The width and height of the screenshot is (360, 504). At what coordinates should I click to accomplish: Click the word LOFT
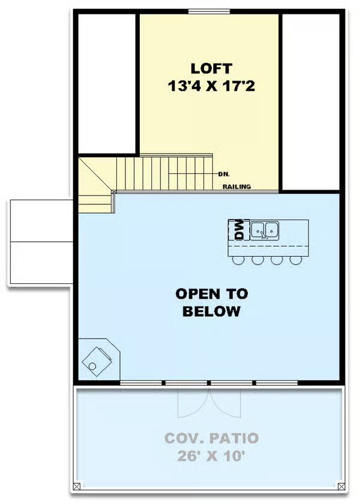(211, 68)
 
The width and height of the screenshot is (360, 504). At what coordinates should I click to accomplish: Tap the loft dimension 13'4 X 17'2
(211, 86)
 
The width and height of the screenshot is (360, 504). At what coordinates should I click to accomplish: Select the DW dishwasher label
(239, 229)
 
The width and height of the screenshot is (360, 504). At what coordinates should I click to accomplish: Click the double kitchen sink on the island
(265, 230)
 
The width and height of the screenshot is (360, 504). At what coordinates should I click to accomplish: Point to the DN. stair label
(224, 175)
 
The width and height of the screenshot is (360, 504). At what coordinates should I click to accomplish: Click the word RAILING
(237, 187)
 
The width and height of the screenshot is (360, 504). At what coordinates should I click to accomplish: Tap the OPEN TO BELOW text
(211, 302)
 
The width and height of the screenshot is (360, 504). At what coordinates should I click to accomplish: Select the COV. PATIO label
(211, 438)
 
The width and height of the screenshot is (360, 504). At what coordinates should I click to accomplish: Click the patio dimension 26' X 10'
(211, 456)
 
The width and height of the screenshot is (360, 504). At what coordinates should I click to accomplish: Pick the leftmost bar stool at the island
(238, 260)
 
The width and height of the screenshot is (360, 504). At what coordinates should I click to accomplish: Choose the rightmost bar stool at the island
(296, 260)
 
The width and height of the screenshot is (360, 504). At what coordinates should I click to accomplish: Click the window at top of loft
(209, 12)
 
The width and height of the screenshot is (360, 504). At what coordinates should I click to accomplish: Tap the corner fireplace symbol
(99, 359)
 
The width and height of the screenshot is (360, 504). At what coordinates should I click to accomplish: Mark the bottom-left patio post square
(77, 487)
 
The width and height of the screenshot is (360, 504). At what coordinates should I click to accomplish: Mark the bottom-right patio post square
(341, 487)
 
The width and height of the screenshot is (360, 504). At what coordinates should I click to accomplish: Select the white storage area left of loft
(107, 83)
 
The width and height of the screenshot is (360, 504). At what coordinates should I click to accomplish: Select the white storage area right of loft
(311, 102)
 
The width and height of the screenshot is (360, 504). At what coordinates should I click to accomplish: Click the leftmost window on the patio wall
(141, 383)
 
